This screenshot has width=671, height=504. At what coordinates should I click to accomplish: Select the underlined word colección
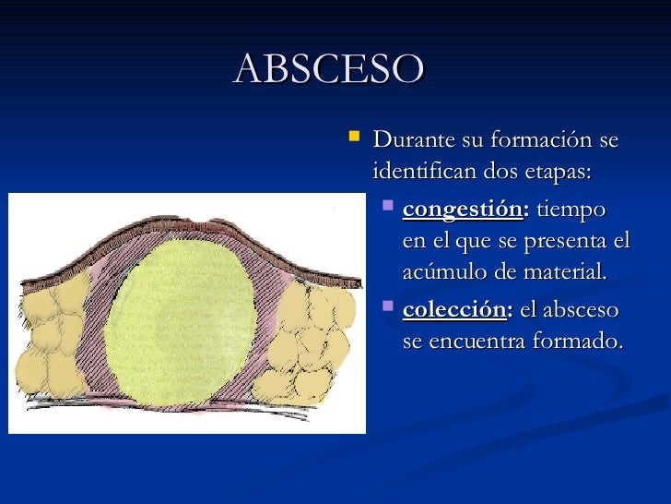point(455,310)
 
